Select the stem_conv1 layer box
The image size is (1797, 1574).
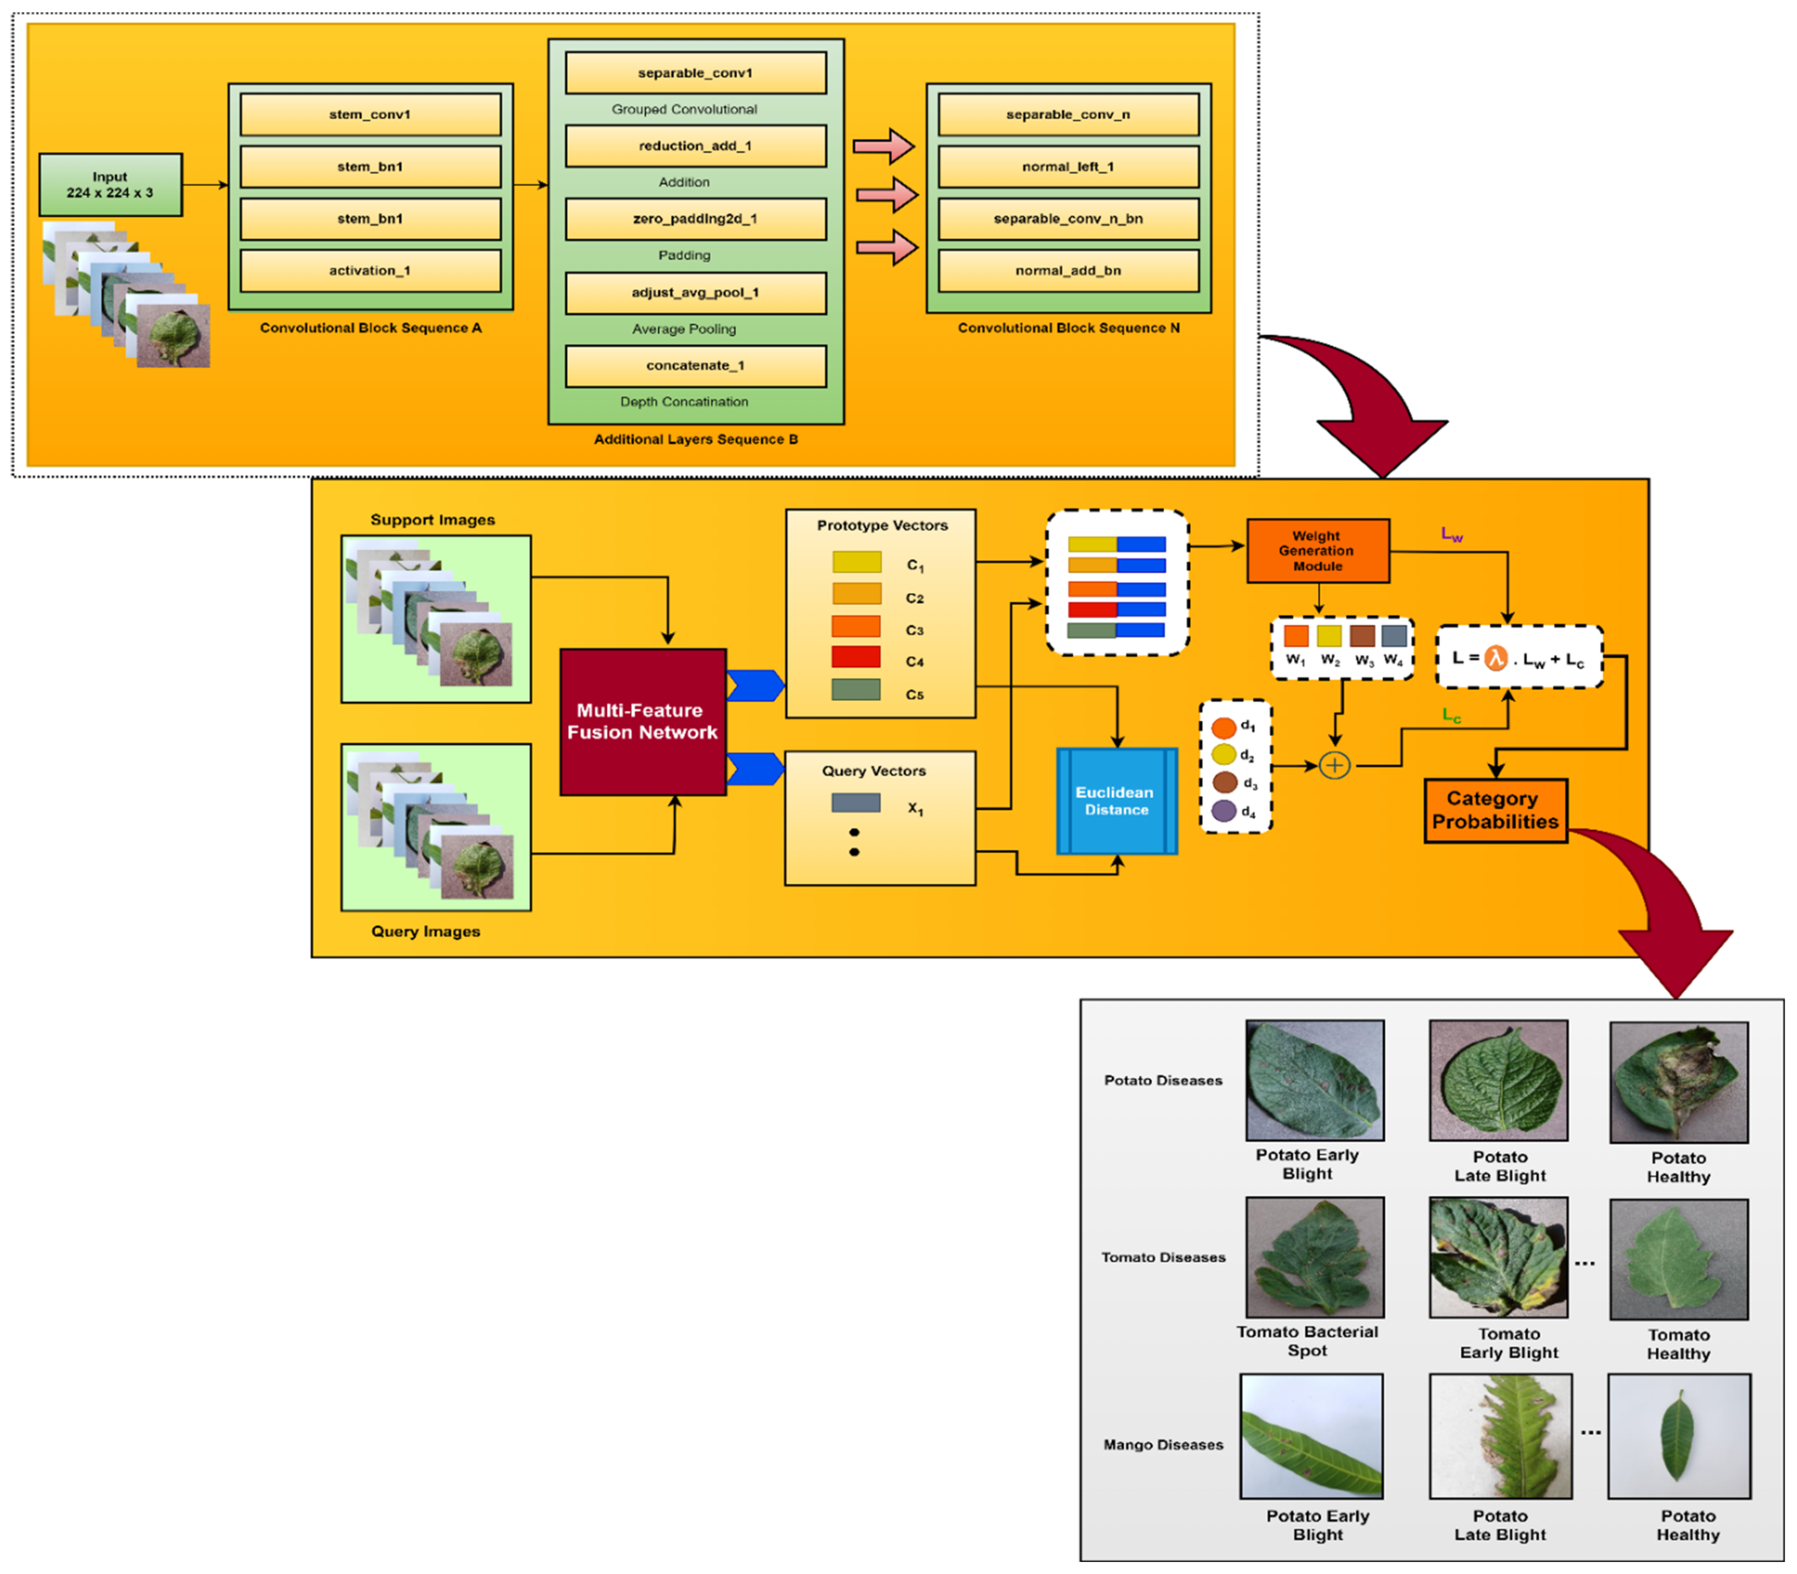click(370, 114)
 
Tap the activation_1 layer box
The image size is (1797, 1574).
click(370, 270)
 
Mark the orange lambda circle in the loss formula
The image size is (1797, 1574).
click(1495, 658)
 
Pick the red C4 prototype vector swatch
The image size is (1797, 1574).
click(856, 657)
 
